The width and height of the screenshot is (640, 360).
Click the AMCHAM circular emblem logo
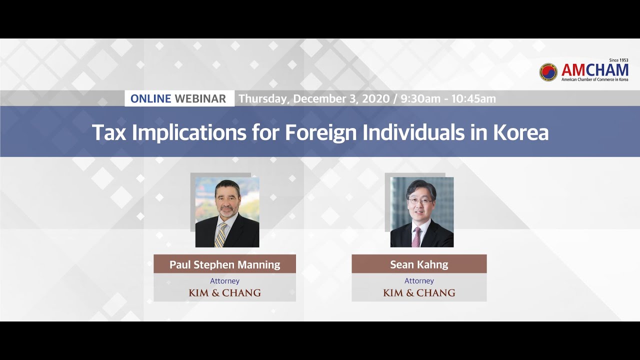click(x=548, y=72)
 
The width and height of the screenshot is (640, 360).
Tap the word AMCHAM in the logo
click(x=594, y=70)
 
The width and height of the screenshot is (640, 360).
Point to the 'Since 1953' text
click(x=618, y=60)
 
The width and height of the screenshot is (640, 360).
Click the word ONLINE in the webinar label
click(x=150, y=98)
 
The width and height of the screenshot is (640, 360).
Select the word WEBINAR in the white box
click(x=200, y=98)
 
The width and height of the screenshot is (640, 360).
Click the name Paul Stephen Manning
click(x=224, y=264)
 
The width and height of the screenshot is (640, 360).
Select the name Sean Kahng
click(x=419, y=264)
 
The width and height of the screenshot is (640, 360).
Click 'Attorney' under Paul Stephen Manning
click(x=224, y=281)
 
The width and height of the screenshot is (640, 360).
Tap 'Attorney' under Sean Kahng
click(x=419, y=281)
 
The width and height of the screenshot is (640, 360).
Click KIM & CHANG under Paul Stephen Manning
click(x=224, y=293)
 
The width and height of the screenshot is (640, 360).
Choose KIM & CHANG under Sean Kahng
click(x=419, y=293)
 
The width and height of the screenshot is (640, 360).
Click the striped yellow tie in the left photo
click(x=220, y=234)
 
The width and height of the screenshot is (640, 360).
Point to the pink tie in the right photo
click(x=416, y=237)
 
